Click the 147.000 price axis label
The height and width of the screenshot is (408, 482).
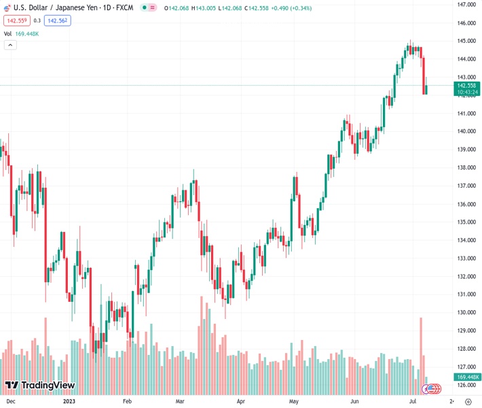point(466,4)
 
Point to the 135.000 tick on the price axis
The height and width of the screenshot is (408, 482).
point(466,222)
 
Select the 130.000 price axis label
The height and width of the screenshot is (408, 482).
point(466,312)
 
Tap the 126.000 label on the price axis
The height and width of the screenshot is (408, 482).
point(466,385)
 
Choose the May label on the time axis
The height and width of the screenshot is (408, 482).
point(294,401)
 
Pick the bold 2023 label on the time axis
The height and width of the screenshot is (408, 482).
point(69,401)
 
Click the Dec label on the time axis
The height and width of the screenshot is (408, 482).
point(11,401)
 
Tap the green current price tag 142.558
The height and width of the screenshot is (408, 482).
point(466,86)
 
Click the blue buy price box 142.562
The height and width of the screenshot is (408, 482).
point(58,20)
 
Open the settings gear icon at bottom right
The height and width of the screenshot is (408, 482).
point(466,401)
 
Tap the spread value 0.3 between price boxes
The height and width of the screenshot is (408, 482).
point(37,20)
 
